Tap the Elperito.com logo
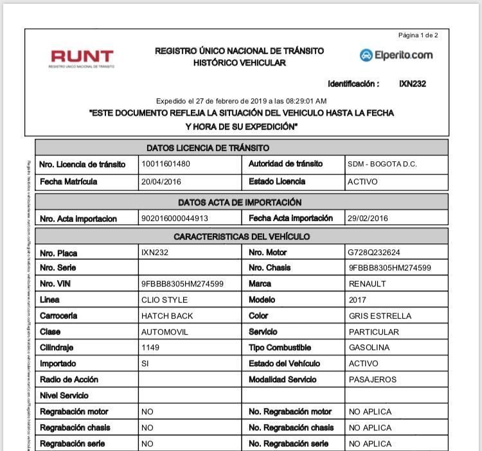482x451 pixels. click(x=396, y=55)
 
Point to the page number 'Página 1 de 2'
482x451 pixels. click(x=418, y=35)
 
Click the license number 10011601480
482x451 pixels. click(x=166, y=164)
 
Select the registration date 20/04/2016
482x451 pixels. click(x=161, y=182)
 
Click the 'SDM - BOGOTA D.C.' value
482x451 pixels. click(x=382, y=164)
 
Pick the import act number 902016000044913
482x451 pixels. click(x=175, y=218)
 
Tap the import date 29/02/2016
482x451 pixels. click(x=368, y=218)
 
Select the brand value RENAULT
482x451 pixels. click(x=367, y=284)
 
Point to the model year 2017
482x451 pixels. click(x=358, y=300)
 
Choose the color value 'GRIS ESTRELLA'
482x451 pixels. click(x=380, y=316)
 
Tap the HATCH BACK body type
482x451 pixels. click(x=166, y=316)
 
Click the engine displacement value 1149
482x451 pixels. click(x=150, y=348)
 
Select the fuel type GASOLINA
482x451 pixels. click(x=369, y=348)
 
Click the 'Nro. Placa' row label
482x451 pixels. click(x=58, y=253)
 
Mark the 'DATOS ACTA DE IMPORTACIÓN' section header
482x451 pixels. click(x=240, y=202)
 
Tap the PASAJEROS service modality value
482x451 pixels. click(x=373, y=380)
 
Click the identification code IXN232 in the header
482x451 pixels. click(x=413, y=84)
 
